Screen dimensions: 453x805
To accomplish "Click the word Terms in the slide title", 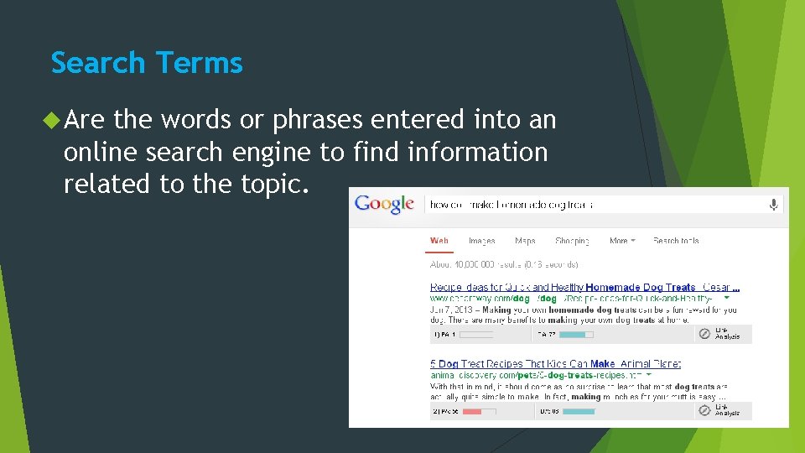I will tap(199, 63).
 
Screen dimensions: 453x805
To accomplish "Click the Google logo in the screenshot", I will tap(384, 203).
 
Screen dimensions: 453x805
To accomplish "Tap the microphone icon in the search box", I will tap(773, 204).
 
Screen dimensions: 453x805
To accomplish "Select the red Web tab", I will tap(439, 241).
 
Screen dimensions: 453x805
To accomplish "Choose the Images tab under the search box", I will tap(481, 241).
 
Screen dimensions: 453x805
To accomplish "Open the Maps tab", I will tap(525, 241).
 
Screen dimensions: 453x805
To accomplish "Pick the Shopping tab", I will tap(572, 241).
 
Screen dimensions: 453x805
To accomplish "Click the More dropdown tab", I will tap(621, 241).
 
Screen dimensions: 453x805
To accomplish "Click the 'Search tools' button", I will tap(676, 241).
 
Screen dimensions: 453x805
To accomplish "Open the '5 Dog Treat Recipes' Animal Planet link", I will tap(555, 364).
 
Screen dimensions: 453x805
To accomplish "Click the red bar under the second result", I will tap(471, 411).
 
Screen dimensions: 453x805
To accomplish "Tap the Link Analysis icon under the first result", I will tap(705, 334).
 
